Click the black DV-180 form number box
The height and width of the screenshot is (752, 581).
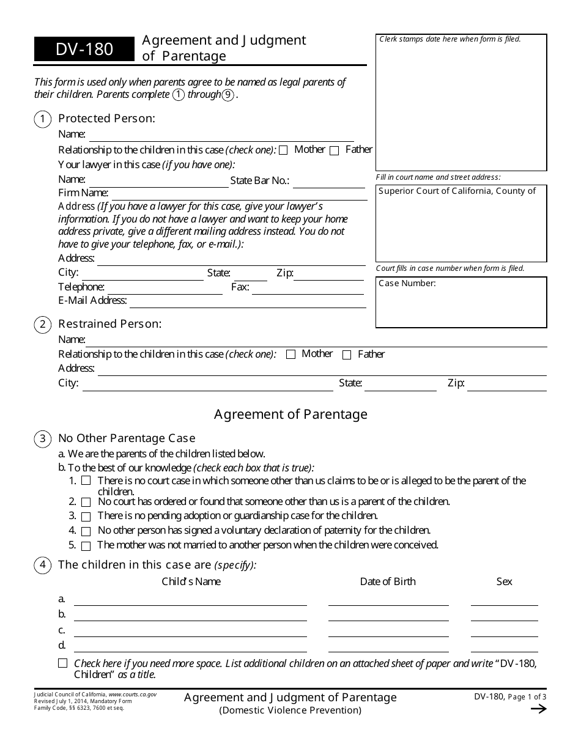pyautogui.click(x=84, y=50)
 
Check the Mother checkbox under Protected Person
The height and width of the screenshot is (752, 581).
pyautogui.click(x=283, y=151)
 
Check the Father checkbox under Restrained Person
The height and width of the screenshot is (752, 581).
pyautogui.click(x=347, y=355)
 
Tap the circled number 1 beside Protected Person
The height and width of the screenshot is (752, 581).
pyautogui.click(x=42, y=120)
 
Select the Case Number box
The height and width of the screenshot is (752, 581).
pyautogui.click(x=461, y=302)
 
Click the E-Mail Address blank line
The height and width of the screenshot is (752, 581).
pyautogui.click(x=247, y=302)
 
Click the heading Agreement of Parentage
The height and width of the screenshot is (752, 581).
pyautogui.click(x=290, y=415)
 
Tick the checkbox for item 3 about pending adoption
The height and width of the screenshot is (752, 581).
pyautogui.click(x=86, y=517)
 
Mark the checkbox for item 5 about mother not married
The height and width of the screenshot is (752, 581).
pyautogui.click(x=86, y=546)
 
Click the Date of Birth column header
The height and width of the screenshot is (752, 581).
pyautogui.click(x=388, y=581)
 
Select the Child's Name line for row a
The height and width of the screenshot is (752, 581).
pyautogui.click(x=190, y=600)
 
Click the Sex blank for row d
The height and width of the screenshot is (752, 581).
pyautogui.click(x=504, y=647)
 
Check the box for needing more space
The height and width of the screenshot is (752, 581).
pyautogui.click(x=63, y=663)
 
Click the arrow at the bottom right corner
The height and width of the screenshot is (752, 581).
pyautogui.click(x=538, y=709)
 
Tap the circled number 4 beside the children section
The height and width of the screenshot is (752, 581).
pyautogui.click(x=42, y=566)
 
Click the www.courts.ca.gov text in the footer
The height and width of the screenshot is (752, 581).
pyautogui.click(x=132, y=695)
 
